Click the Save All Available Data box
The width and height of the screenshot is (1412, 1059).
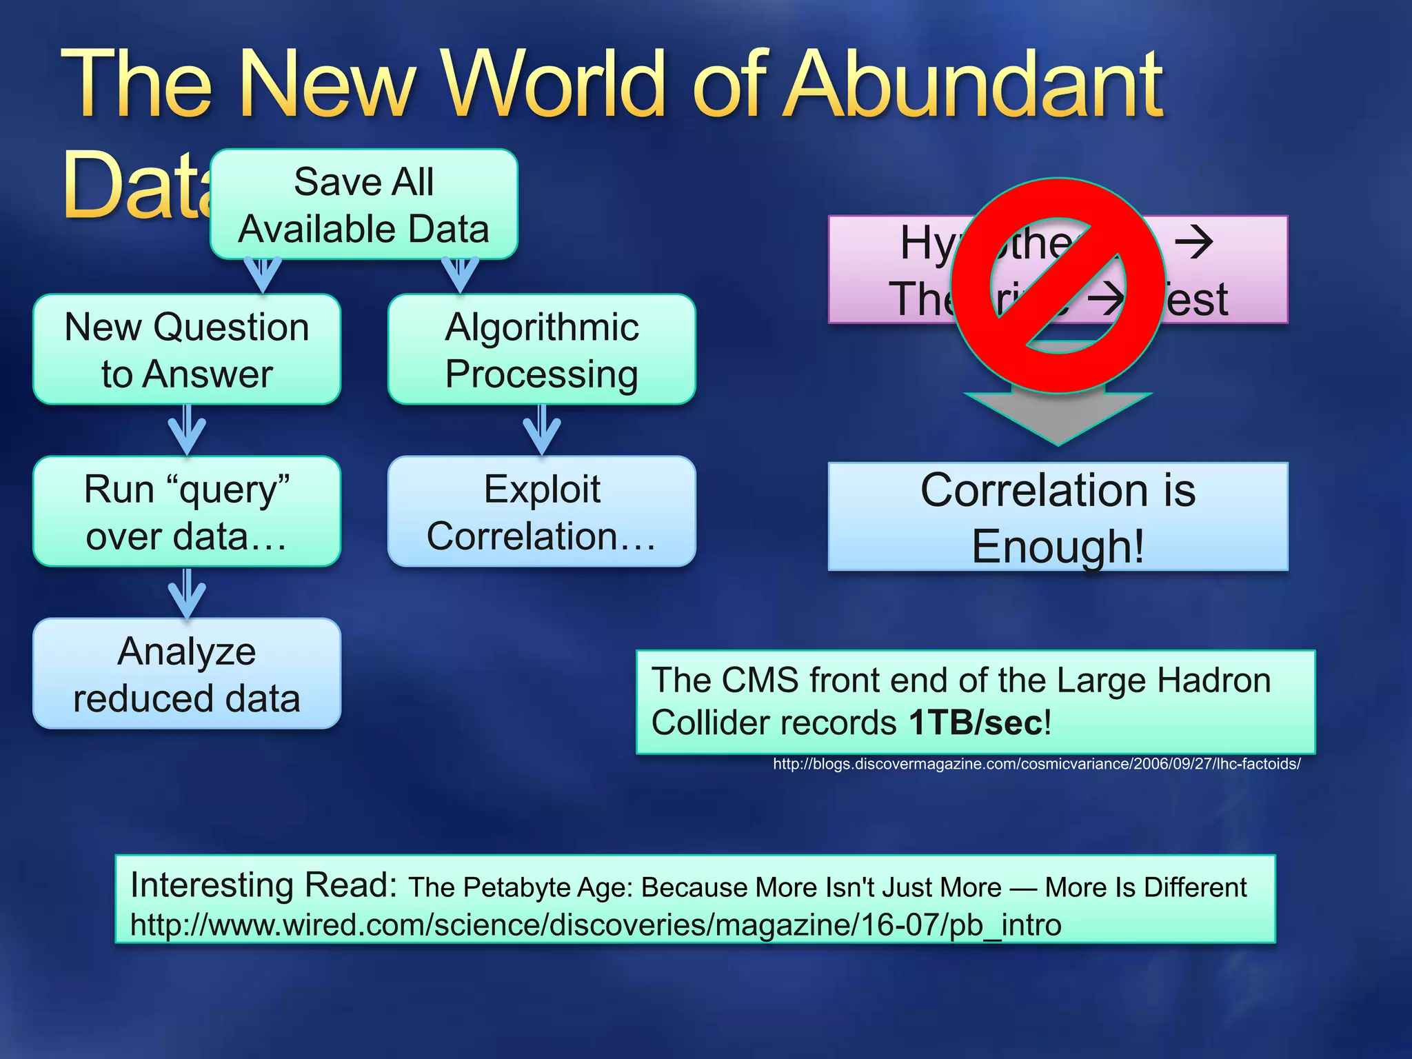click(x=363, y=205)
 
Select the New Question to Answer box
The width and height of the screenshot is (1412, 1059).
click(x=187, y=350)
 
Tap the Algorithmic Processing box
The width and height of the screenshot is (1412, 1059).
click(x=541, y=350)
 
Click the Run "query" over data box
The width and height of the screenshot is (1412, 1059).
click(x=187, y=512)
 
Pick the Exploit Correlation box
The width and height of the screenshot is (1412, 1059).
click(x=541, y=512)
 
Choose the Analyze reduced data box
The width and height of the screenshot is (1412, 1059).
click(x=187, y=674)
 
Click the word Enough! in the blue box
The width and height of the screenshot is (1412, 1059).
click(x=1058, y=546)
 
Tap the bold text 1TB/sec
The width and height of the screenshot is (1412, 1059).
click(x=975, y=723)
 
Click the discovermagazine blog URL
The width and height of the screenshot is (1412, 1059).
click(x=1036, y=764)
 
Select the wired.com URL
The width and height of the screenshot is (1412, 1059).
click(x=595, y=925)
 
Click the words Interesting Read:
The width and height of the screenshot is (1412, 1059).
click(x=263, y=885)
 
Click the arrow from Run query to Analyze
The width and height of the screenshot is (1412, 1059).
click(x=187, y=593)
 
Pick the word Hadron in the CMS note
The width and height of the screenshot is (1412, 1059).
click(x=1213, y=681)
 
